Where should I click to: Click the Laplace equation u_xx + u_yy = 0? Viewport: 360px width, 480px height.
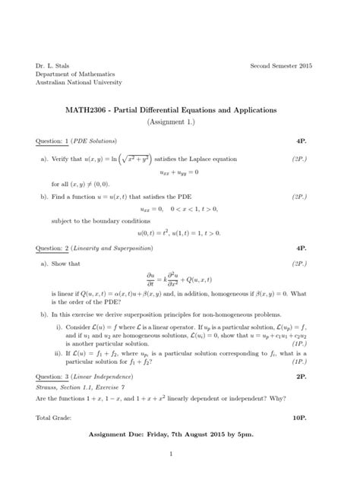tap(179, 172)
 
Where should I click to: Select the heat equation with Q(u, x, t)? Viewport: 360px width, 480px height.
tap(179, 277)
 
